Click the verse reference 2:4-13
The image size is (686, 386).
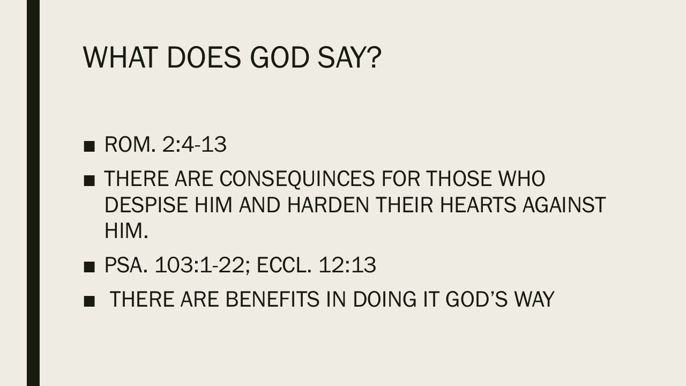coord(193,145)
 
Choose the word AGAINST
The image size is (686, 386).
coord(567,205)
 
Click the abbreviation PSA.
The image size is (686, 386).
coord(125,265)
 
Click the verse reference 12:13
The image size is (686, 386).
coord(347,265)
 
